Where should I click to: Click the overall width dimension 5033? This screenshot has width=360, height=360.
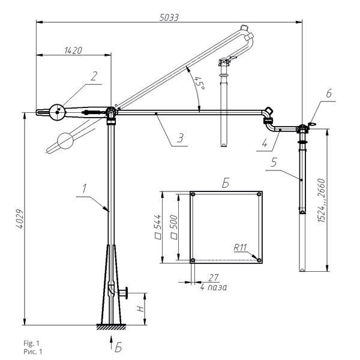tap(169, 17)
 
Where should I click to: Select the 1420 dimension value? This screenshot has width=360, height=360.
tap(73, 50)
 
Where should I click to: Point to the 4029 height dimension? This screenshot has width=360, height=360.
tap(20, 218)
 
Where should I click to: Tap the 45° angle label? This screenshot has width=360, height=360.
tap(199, 83)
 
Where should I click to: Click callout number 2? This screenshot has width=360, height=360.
tap(94, 76)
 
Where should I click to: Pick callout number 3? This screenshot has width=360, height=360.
tap(181, 138)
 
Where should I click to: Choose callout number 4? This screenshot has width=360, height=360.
tap(265, 143)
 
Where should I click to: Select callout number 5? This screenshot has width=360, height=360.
tap(274, 163)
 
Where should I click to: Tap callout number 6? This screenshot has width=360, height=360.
tap(329, 93)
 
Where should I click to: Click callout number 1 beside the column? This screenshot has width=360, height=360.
tap(84, 188)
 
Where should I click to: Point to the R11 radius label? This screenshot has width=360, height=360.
tap(240, 247)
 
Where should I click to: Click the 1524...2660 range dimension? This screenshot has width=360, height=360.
tap(322, 200)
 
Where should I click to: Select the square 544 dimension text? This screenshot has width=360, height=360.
tap(158, 227)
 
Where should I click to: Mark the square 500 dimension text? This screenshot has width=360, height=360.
tap(174, 227)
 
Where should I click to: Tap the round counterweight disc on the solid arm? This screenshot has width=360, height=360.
tap(58, 112)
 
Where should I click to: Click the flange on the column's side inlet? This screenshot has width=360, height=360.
tap(127, 293)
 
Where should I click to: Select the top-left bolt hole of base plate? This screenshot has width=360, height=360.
tap(193, 194)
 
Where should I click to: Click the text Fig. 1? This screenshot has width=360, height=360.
tap(31, 343)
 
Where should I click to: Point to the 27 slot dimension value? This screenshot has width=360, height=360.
tap(213, 278)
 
